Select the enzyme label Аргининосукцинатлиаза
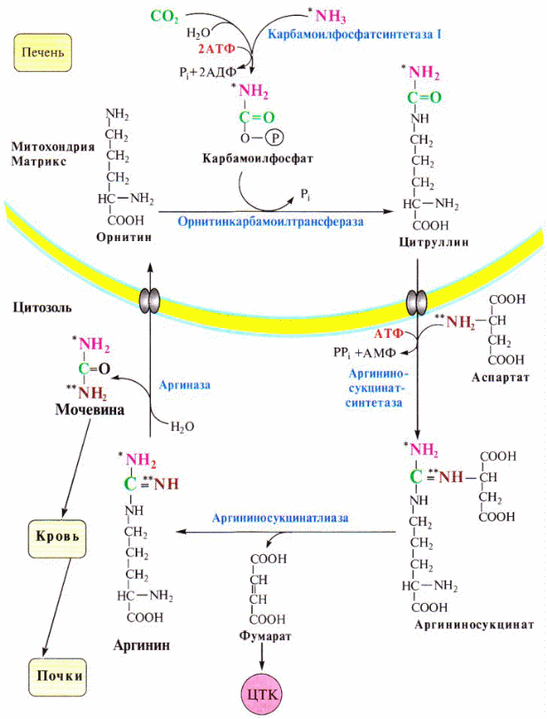click(278, 516)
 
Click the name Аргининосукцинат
click(473, 624)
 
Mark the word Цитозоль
click(42, 307)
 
